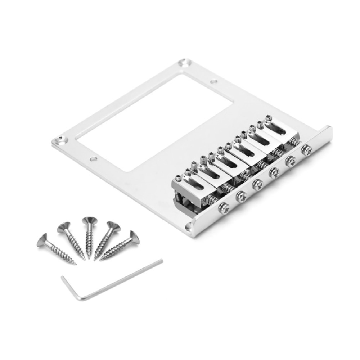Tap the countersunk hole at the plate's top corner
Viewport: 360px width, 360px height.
click(x=183, y=63)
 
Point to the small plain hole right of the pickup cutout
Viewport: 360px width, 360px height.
click(x=214, y=82)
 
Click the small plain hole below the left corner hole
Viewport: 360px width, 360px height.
click(x=93, y=159)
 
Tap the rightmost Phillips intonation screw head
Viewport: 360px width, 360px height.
click(x=307, y=150)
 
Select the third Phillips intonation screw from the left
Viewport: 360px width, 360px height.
click(x=257, y=184)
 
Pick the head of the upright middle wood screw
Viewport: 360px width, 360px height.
click(x=87, y=221)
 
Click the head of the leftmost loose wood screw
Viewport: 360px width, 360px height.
click(x=42, y=239)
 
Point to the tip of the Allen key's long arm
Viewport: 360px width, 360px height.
click(x=161, y=261)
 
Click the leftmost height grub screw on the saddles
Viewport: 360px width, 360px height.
click(x=179, y=177)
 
